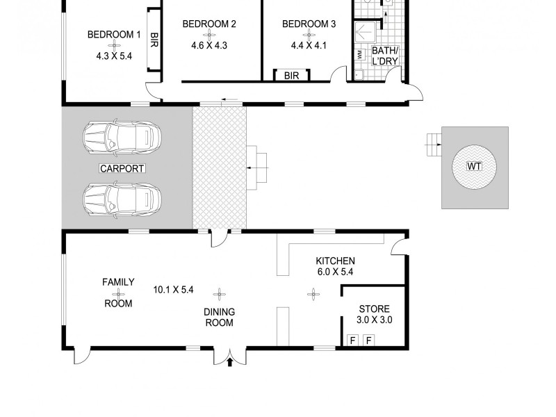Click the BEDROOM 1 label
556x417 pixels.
coord(114,35)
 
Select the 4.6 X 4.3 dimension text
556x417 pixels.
coord(209,46)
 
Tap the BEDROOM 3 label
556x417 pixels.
coord(309,24)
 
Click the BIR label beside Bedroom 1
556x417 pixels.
coord(154,40)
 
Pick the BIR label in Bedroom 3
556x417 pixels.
coord(292,76)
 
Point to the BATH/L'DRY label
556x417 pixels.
coord(385,56)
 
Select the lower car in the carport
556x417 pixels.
coord(122,199)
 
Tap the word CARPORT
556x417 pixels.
coord(122,168)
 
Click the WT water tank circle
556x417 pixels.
coord(475,167)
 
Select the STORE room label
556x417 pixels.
coord(374,309)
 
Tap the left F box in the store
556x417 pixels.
coord(352,341)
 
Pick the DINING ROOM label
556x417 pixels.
coord(219,318)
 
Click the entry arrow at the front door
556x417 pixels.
coord(230,361)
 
